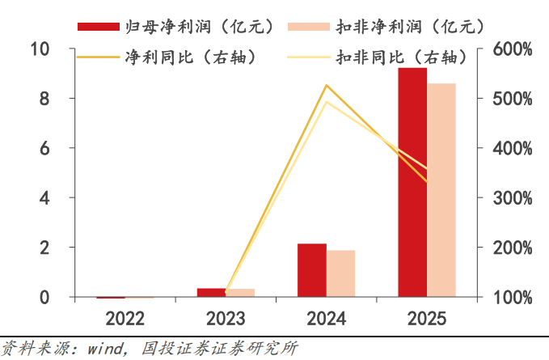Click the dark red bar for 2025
(x=412, y=182)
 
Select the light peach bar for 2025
(x=441, y=190)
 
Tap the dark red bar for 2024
(x=312, y=270)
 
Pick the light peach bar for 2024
(x=341, y=273)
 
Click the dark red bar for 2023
(x=212, y=293)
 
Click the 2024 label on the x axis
(x=327, y=318)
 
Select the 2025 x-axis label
(x=427, y=318)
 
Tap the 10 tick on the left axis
(x=40, y=49)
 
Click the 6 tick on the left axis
(x=46, y=148)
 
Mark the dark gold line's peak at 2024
(x=327, y=85)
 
